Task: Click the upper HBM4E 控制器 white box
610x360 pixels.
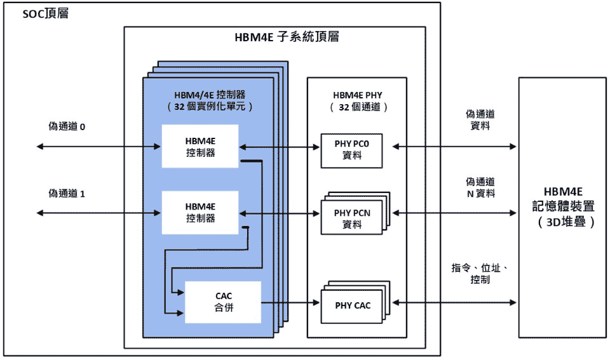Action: pos(200,147)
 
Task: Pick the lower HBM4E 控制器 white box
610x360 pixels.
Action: pos(200,212)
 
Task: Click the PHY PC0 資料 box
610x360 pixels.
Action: pos(351,150)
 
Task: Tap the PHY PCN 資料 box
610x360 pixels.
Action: pos(351,218)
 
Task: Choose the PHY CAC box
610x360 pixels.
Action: pos(353,305)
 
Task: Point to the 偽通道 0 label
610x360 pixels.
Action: pos(67,127)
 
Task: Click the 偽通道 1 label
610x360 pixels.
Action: pos(67,193)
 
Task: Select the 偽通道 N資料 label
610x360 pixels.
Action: pos(480,187)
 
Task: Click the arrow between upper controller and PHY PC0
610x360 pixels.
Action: pos(280,147)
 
